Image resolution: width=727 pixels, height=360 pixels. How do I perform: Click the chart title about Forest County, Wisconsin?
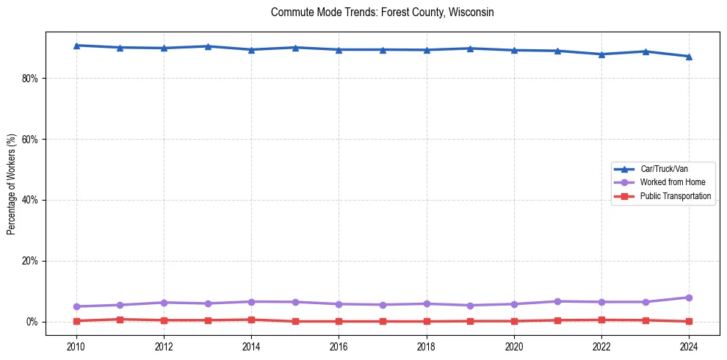click(x=382, y=12)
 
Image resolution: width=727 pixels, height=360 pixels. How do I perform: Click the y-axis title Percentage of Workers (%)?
click(x=12, y=184)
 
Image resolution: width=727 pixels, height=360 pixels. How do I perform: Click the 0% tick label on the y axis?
click(x=31, y=322)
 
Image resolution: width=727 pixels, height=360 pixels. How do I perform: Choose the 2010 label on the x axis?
click(x=76, y=345)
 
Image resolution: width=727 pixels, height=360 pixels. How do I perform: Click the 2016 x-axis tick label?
click(x=339, y=345)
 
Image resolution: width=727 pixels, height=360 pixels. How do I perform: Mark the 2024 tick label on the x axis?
click(x=689, y=345)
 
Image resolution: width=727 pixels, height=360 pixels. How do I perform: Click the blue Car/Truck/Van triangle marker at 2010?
click(x=76, y=46)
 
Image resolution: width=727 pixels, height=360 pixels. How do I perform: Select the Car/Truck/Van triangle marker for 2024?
click(x=689, y=57)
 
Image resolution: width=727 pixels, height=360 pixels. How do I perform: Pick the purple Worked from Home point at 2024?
click(x=689, y=298)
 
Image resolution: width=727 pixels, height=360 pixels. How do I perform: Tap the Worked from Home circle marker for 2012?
click(x=164, y=303)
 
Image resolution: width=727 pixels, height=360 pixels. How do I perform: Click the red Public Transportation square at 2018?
click(x=427, y=321)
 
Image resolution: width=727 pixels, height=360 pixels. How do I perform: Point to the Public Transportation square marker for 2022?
click(x=601, y=320)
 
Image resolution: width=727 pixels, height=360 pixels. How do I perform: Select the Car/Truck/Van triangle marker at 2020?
click(x=514, y=51)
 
